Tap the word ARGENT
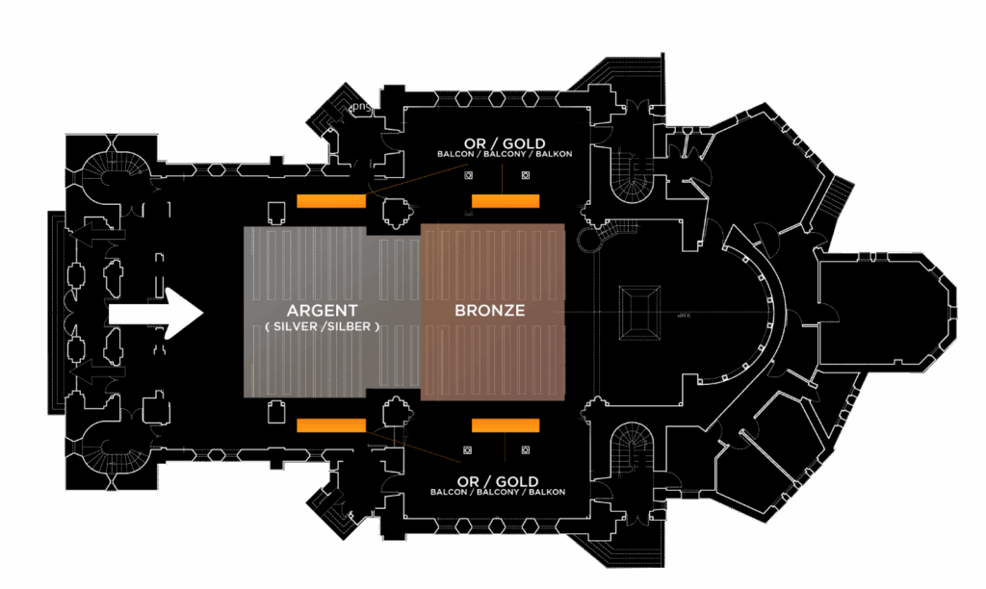point(322,311)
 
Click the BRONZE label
point(489,311)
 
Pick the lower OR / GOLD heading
point(499,481)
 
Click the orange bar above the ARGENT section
point(331,201)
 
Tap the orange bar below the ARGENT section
point(331,425)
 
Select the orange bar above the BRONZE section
point(505,201)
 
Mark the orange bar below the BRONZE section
point(505,425)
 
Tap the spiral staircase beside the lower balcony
point(635,448)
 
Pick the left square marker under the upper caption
point(468,176)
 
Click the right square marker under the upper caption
point(526,176)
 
